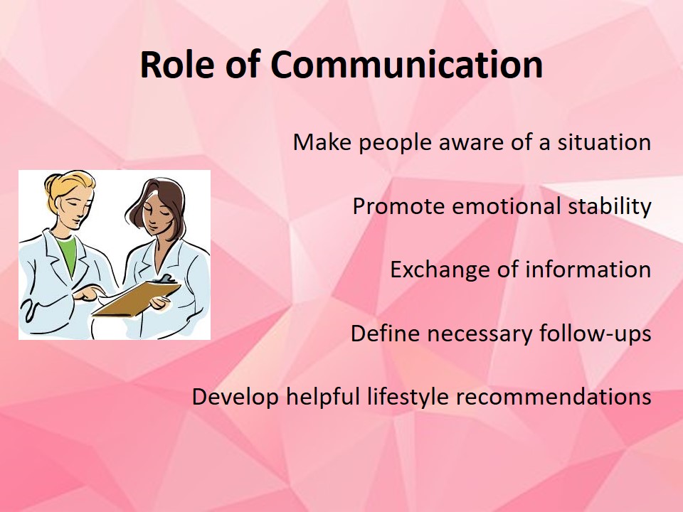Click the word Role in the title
point(177,65)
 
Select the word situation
point(604,142)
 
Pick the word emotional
point(506,206)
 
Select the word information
point(588,270)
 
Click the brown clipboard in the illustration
point(137,297)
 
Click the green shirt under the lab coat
point(67,255)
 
